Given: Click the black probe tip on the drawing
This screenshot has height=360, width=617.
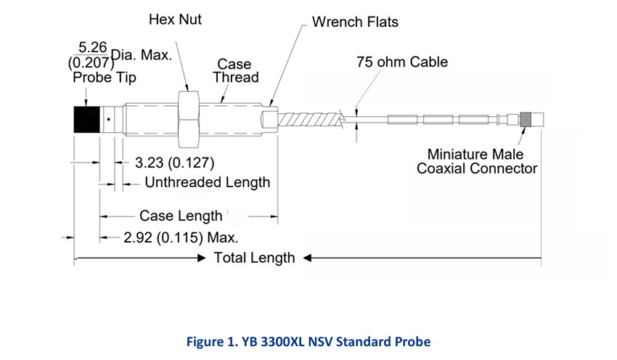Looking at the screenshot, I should tap(86, 119).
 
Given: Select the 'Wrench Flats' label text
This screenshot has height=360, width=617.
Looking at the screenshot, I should tap(355, 22).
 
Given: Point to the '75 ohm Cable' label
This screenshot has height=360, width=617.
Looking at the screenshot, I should tap(402, 62).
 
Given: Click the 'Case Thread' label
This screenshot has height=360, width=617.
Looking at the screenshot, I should tap(235, 70).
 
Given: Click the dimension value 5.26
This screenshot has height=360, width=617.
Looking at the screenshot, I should tap(93, 46).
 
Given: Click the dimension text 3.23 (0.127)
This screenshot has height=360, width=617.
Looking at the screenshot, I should tap(175, 162).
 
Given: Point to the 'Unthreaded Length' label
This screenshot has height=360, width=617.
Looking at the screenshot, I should tap(207, 182).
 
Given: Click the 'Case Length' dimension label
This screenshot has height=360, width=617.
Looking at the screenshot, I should tap(181, 216).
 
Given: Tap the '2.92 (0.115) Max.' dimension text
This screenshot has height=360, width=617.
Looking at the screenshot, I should tap(181, 237).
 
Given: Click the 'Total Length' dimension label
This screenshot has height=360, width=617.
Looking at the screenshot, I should tap(254, 258).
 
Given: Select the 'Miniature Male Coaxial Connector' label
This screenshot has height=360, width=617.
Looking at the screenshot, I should tap(476, 161).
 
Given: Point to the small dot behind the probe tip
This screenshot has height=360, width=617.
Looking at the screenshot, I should tap(107, 119).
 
